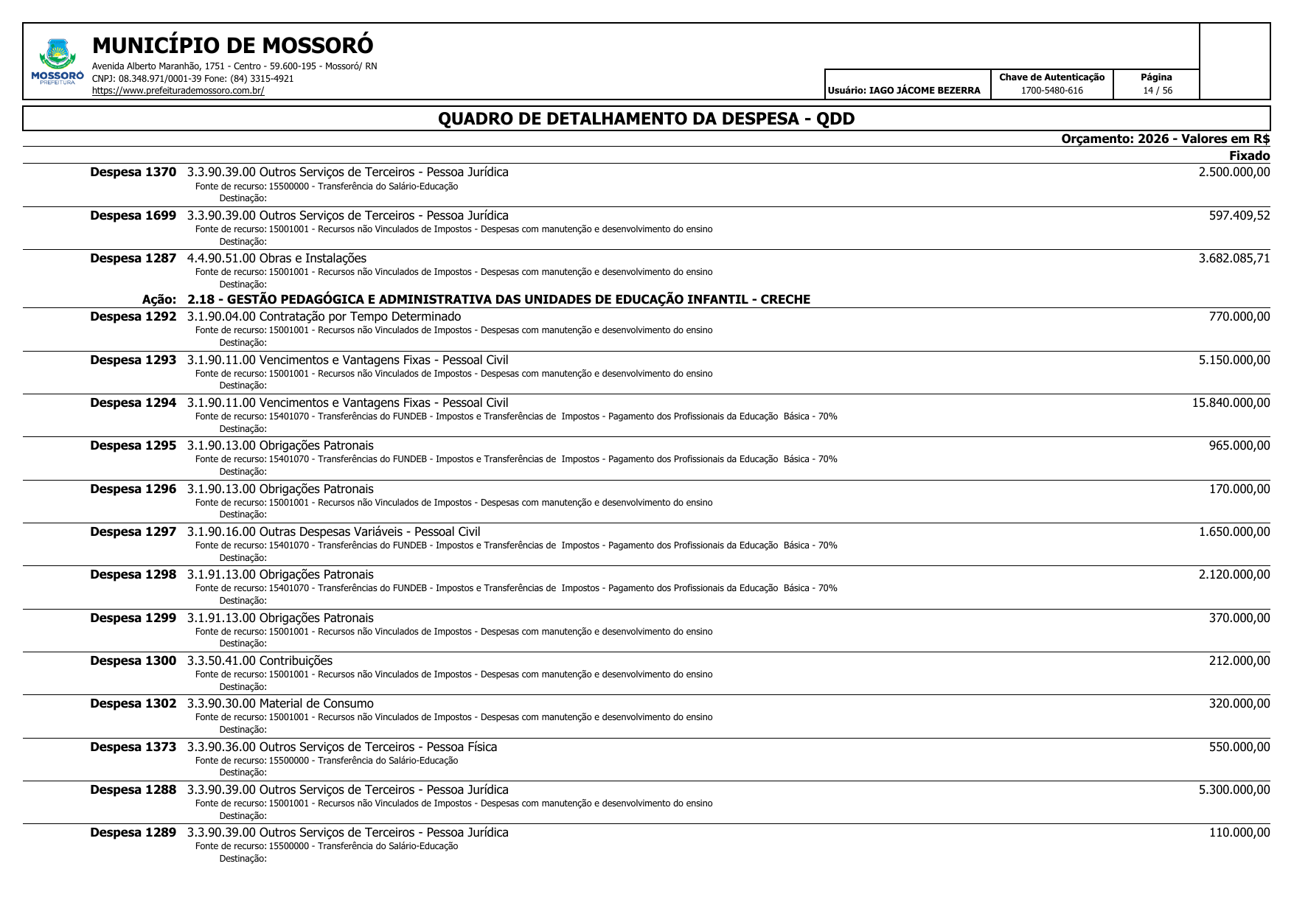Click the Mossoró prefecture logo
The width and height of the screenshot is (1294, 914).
57,61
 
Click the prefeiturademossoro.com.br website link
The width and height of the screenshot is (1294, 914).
178,91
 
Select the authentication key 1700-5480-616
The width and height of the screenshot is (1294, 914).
1051,91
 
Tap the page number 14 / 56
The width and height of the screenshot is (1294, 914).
1157,91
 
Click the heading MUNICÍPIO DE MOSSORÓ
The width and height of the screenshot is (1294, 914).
232,46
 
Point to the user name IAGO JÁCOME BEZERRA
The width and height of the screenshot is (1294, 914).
925,91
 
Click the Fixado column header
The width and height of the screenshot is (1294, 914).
1249,156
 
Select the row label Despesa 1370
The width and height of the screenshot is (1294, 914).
133,172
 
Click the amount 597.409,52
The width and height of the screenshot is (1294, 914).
1239,216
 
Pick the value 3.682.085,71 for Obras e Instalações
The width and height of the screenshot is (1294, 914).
1234,259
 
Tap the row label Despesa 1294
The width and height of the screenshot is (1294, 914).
133,403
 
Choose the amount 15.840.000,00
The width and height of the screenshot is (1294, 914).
1231,403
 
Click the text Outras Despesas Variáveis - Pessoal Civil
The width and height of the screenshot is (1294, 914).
369,532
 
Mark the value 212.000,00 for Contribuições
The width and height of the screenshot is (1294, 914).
1239,661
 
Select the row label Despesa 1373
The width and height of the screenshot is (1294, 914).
133,747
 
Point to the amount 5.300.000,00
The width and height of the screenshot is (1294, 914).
1234,790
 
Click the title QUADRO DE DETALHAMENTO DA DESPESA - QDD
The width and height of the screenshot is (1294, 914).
646,119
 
